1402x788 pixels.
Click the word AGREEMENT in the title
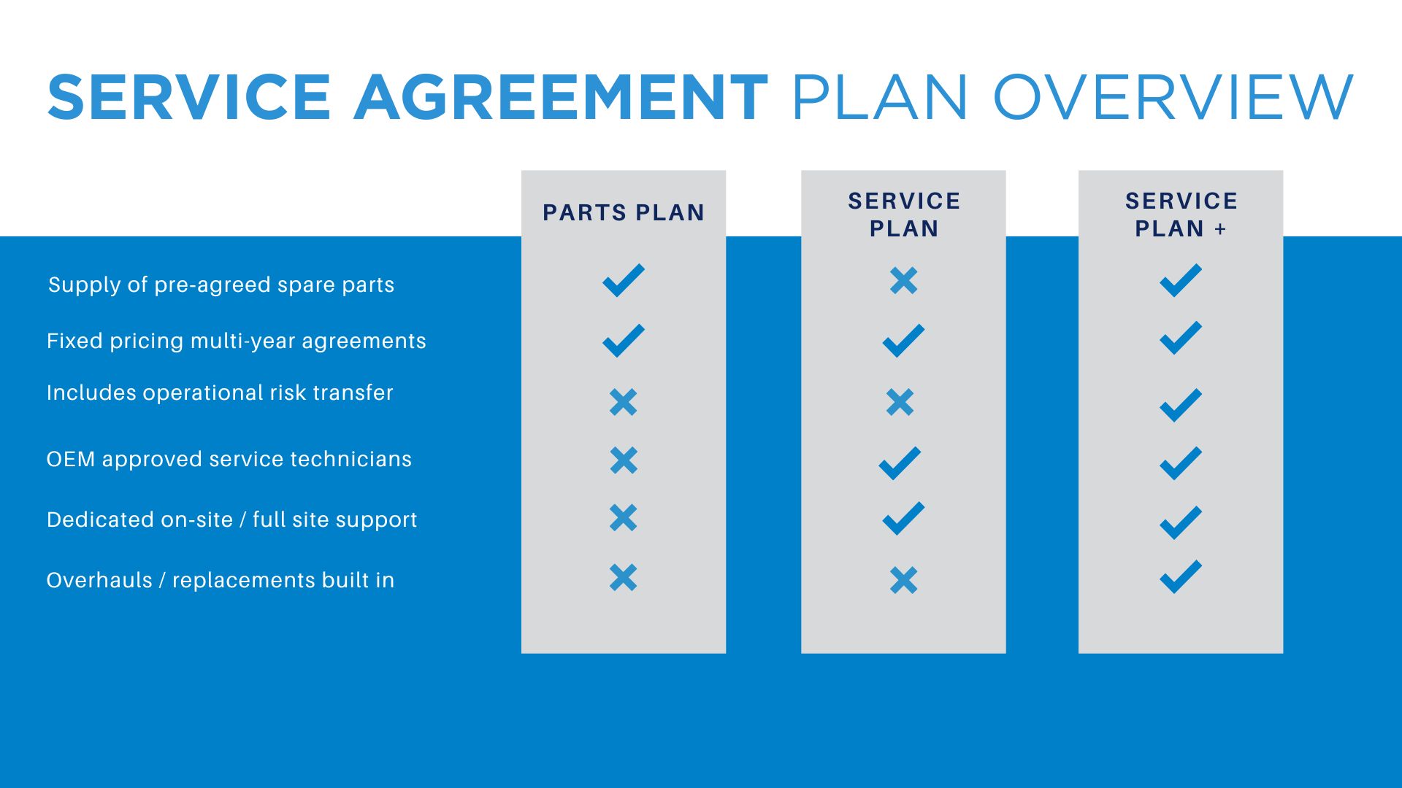pos(561,97)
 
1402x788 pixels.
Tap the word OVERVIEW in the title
pos(1173,97)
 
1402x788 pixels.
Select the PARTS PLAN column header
pos(624,212)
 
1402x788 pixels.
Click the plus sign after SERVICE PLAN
pos(1220,229)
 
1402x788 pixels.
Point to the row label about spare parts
pos(221,285)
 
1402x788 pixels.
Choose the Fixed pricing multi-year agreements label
pos(236,341)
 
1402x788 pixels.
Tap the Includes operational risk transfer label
pos(220,393)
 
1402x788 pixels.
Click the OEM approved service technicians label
pos(229,459)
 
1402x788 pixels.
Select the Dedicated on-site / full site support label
pos(231,519)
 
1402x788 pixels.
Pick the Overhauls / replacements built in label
pos(221,580)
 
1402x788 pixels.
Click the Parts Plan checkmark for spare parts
pos(624,280)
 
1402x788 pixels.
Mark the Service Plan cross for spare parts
pos(904,280)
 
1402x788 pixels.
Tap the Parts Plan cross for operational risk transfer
pos(624,402)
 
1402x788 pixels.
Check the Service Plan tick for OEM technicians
pos(900,463)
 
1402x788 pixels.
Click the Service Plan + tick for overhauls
pos(1181,576)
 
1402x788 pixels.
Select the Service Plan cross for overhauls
pos(904,581)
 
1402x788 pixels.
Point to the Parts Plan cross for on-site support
pos(624,517)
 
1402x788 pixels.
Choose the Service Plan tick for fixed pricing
pos(904,341)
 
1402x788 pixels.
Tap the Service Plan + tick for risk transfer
pos(1181,405)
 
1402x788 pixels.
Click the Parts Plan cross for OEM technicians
pos(624,460)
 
